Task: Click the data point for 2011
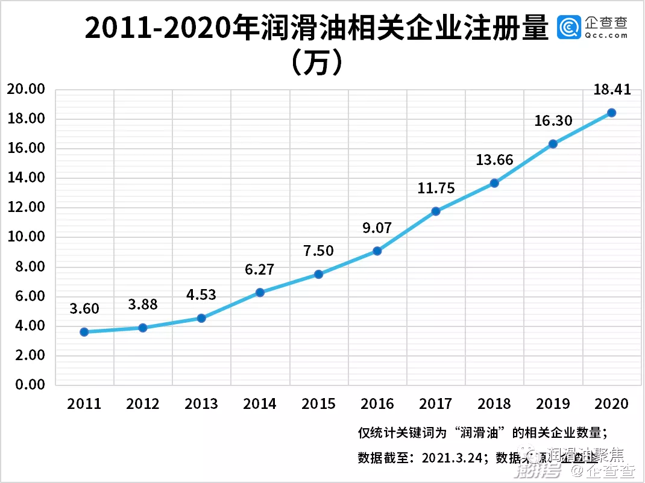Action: point(84,332)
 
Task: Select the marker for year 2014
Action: point(260,293)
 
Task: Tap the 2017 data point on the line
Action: point(436,211)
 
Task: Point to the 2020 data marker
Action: point(611,113)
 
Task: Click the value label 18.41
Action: point(611,90)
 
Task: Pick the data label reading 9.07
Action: point(377,228)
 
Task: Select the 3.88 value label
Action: point(143,305)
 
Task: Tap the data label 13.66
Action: point(494,160)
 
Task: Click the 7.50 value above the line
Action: point(319,251)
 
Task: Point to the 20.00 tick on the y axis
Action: point(26,90)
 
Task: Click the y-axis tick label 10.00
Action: point(26,237)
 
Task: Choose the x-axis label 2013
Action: point(201,404)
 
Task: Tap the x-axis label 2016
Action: point(377,404)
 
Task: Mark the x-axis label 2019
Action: point(553,404)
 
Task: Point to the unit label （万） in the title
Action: point(317,63)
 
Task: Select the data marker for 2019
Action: point(553,144)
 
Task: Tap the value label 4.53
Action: point(201,295)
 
